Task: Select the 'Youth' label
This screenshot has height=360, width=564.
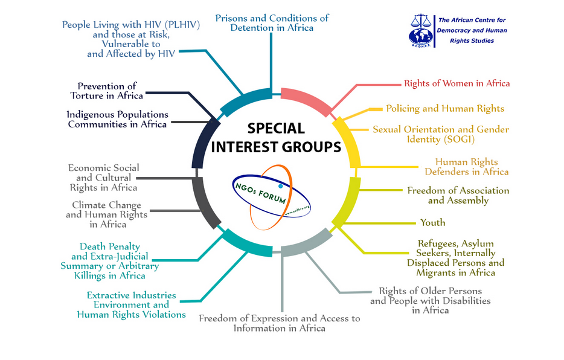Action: pyautogui.click(x=432, y=223)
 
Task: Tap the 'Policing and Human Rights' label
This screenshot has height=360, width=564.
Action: pyautogui.click(x=445, y=109)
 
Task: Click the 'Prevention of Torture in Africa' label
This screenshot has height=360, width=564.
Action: pyautogui.click(x=106, y=91)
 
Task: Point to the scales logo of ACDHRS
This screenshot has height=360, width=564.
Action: pyautogui.click(x=422, y=28)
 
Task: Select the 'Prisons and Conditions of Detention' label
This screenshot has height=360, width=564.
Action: pyautogui.click(x=272, y=23)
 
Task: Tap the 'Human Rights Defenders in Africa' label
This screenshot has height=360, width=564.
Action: pyautogui.click(x=472, y=167)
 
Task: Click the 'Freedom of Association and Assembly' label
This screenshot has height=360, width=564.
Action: pyautogui.click(x=458, y=195)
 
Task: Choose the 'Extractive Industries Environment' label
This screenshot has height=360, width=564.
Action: pyautogui.click(x=131, y=305)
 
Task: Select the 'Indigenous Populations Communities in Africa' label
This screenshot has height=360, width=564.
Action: pyautogui.click(x=117, y=119)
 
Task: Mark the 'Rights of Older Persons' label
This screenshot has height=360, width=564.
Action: pyautogui.click(x=430, y=300)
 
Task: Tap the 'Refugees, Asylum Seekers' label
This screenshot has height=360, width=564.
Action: pyautogui.click(x=455, y=258)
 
